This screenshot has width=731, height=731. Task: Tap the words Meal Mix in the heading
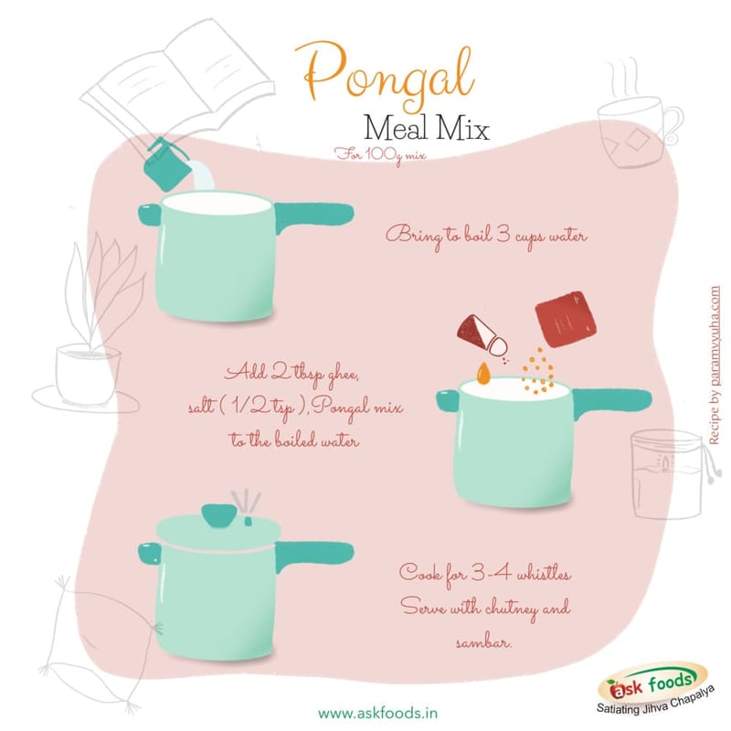pyautogui.click(x=426, y=128)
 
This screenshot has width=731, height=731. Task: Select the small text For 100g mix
pyautogui.click(x=380, y=154)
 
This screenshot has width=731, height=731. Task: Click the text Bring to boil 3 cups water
pyautogui.click(x=486, y=236)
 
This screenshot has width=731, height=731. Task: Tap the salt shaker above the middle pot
pyautogui.click(x=482, y=334)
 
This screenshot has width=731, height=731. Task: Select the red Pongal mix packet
pyautogui.click(x=567, y=319)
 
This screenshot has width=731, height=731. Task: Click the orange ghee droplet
pyautogui.click(x=484, y=373)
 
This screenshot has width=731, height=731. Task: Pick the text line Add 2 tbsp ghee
pyautogui.click(x=292, y=374)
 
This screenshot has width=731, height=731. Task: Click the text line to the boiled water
pyautogui.click(x=294, y=440)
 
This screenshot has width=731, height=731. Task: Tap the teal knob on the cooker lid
pyautogui.click(x=218, y=515)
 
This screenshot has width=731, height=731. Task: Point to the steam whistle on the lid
pyautogui.click(x=247, y=508)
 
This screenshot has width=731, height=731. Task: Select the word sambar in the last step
pyautogui.click(x=483, y=643)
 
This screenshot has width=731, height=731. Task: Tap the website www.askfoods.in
pyautogui.click(x=377, y=714)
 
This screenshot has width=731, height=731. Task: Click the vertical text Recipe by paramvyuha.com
pyautogui.click(x=715, y=365)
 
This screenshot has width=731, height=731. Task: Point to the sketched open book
pyautogui.click(x=177, y=89)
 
